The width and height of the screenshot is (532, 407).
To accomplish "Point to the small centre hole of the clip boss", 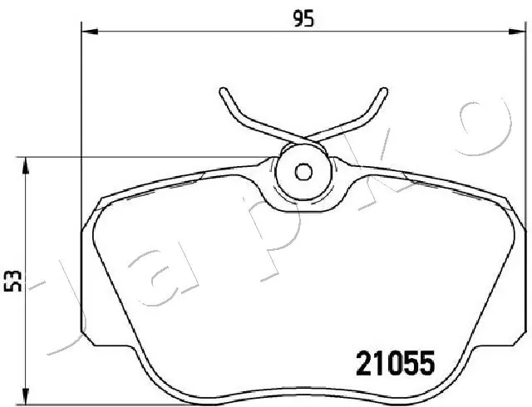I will point(303,172).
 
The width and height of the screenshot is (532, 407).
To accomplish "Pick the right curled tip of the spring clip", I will point(383,91).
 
